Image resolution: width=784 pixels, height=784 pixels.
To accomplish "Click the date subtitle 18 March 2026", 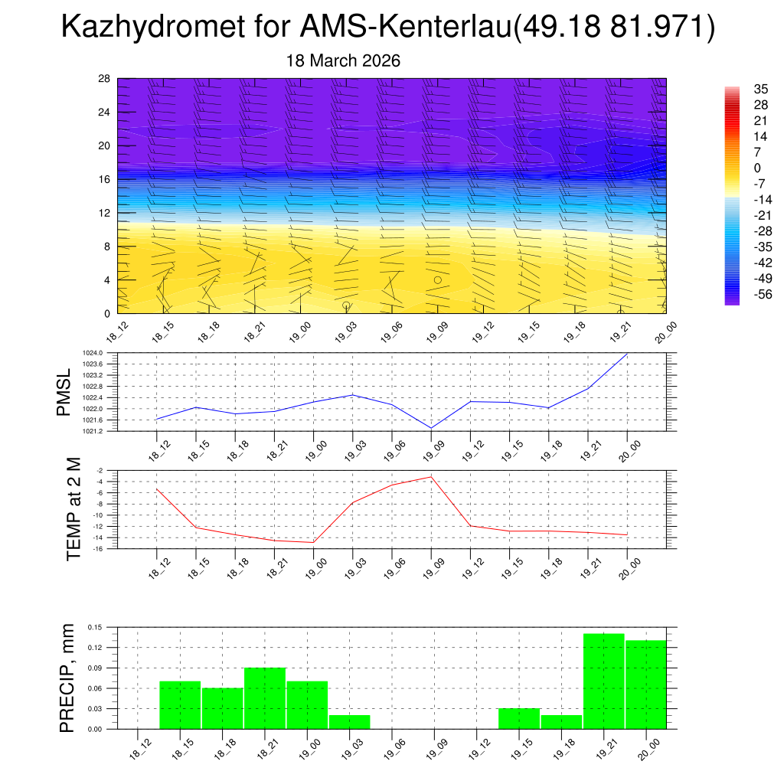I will pyautogui.click(x=343, y=60).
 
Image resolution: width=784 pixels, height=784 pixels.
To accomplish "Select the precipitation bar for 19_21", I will pyautogui.click(x=603, y=681).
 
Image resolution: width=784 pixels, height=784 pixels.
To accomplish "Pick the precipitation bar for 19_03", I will pyautogui.click(x=350, y=722).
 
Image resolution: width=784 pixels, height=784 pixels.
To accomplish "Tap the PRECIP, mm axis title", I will pyautogui.click(x=67, y=679).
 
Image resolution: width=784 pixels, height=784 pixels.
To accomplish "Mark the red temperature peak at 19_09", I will pyautogui.click(x=431, y=477).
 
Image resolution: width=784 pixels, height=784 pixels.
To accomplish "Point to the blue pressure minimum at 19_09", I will pyautogui.click(x=431, y=428).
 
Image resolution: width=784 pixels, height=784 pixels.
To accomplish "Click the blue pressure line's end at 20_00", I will pyautogui.click(x=627, y=354).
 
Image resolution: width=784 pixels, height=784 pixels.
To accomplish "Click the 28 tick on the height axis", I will pyautogui.click(x=105, y=79).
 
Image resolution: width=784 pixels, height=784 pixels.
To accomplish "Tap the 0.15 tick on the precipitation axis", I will pyautogui.click(x=95, y=627).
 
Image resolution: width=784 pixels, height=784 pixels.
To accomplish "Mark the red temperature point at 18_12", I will pyautogui.click(x=156, y=488).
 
